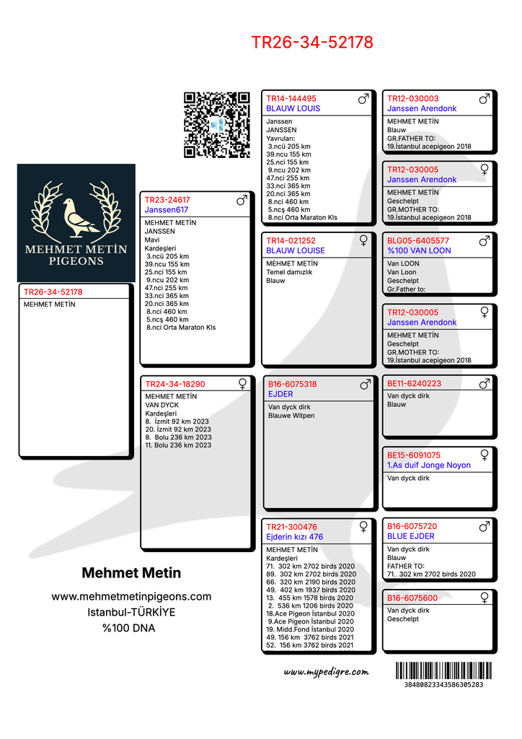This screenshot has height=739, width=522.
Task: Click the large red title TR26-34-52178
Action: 312,43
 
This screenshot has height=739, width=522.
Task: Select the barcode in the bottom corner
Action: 443,670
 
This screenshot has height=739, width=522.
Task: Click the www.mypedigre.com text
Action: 326,672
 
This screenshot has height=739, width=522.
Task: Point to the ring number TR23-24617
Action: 167,200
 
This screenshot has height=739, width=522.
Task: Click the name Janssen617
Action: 166,210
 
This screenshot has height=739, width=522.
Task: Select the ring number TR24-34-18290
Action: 174,385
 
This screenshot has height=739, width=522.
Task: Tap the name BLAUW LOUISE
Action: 296,250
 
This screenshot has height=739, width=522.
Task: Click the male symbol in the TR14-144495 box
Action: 363,98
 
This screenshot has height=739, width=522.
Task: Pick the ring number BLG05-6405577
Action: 418,241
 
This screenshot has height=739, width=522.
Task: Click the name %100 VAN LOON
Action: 419,250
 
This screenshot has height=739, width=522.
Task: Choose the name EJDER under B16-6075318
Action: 280,394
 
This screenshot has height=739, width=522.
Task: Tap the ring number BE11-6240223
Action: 414,384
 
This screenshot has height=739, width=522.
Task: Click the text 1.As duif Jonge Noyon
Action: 428,465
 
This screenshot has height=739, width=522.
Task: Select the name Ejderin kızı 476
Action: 295,537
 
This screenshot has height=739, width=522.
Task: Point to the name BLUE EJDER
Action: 411,536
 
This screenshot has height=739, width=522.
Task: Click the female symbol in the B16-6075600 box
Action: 485,598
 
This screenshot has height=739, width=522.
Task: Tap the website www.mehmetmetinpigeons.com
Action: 131,596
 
